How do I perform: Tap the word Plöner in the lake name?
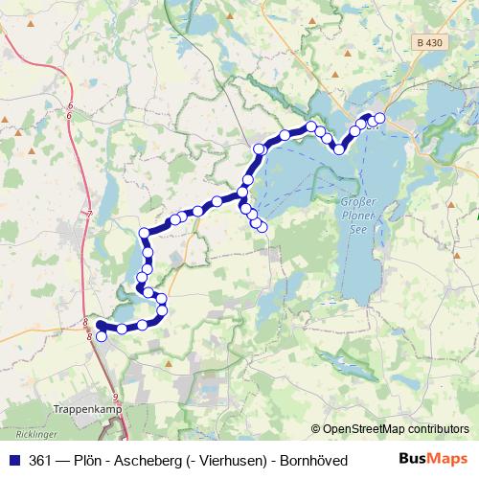point(359,216)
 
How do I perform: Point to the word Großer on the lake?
point(359,203)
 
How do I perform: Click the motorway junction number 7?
point(88,213)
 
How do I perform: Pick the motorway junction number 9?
point(116,397)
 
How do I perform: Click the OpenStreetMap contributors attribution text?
point(396,429)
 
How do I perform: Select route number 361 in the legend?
point(42,460)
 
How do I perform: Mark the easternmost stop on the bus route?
point(379,118)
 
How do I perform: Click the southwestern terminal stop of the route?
point(101,336)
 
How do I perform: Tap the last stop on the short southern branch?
point(262,227)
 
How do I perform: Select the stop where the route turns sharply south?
point(145,233)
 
